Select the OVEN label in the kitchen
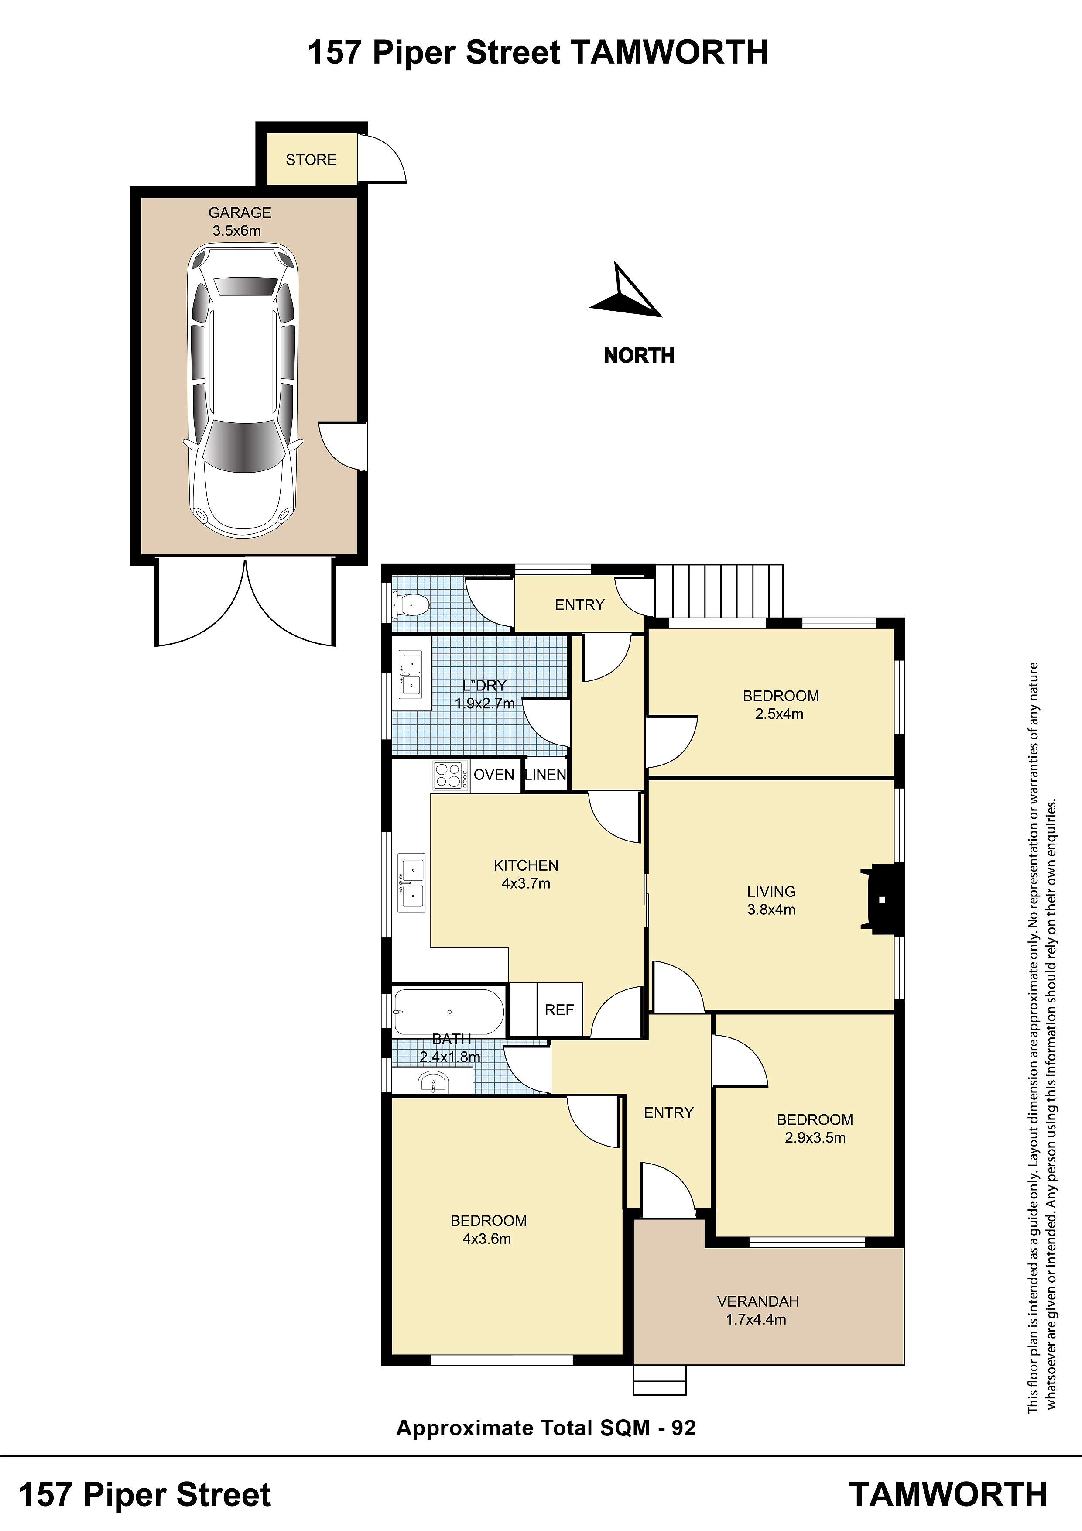click(x=494, y=775)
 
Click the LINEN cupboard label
click(x=545, y=775)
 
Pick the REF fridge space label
click(x=558, y=1010)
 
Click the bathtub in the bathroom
click(x=449, y=1012)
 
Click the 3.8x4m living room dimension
click(x=771, y=910)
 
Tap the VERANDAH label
click(x=758, y=1301)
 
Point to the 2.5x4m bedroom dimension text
click(x=779, y=714)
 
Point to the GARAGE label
click(x=240, y=213)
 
